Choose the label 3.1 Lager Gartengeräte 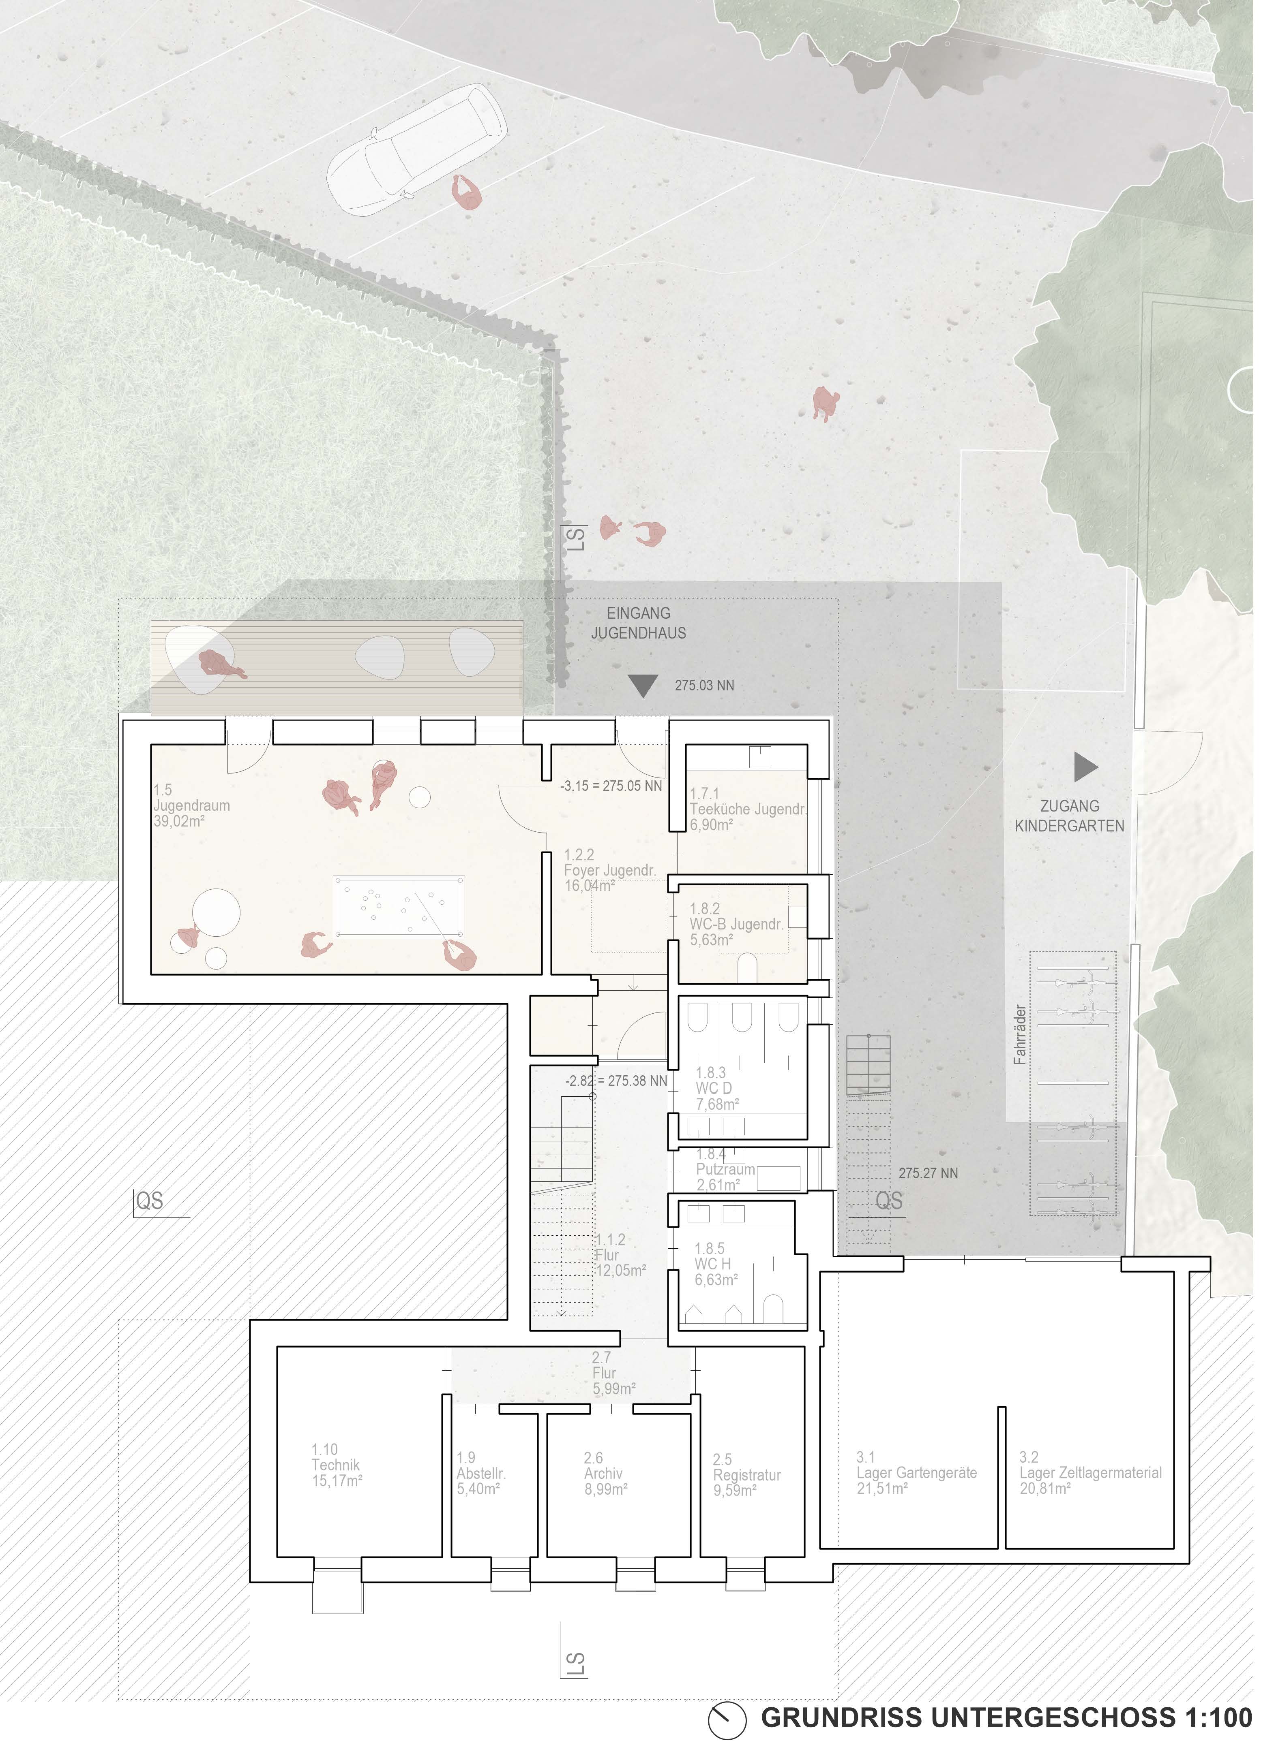click(x=916, y=1473)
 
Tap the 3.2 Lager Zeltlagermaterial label click(x=1090, y=1473)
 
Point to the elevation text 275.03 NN click(x=704, y=685)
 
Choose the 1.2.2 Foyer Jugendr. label click(x=610, y=870)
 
